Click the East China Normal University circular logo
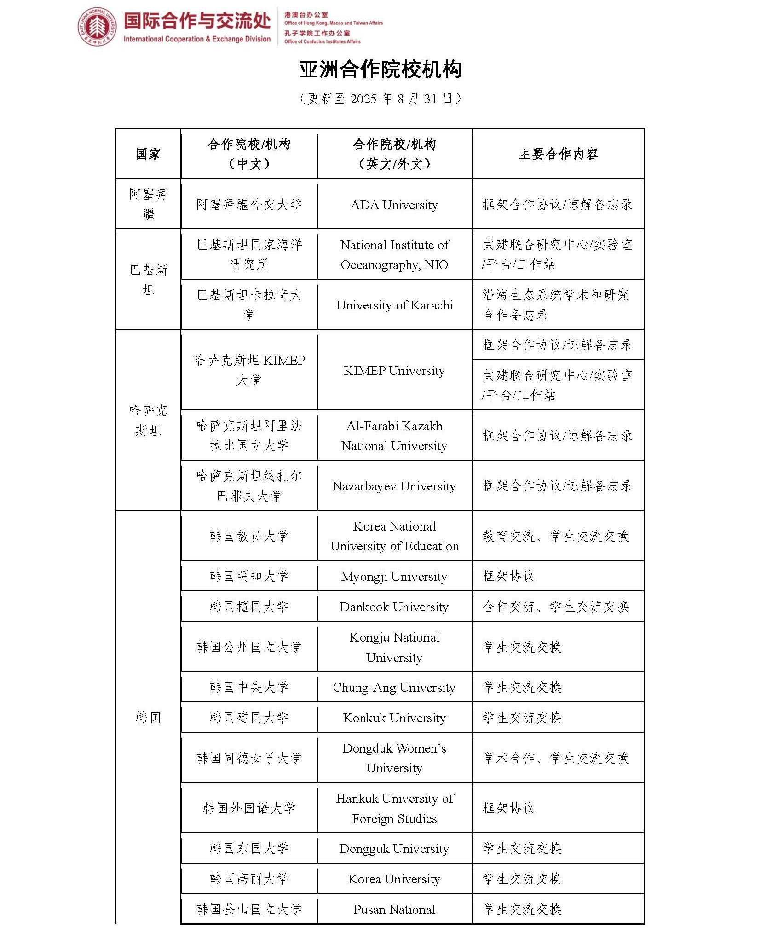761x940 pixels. click(97, 27)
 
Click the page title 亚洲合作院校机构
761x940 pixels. click(380, 70)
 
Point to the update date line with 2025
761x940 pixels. click(380, 99)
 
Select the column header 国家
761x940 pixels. click(148, 154)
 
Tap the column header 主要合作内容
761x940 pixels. click(558, 154)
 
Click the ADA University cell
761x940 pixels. click(394, 204)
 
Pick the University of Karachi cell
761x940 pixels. click(394, 305)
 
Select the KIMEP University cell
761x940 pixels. click(394, 370)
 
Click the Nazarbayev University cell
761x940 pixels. click(394, 486)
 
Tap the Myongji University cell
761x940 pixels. click(394, 576)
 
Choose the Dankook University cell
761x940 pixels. click(394, 607)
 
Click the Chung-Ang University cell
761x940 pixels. click(394, 687)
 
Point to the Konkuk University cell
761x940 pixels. click(394, 718)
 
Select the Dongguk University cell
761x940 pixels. click(394, 848)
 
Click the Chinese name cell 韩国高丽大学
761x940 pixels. click(249, 879)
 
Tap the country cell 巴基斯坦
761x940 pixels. click(148, 279)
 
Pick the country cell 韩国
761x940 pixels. click(148, 717)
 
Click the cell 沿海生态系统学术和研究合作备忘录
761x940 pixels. click(558, 304)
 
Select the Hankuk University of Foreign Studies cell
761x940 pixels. click(394, 808)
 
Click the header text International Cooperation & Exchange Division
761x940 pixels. click(197, 39)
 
